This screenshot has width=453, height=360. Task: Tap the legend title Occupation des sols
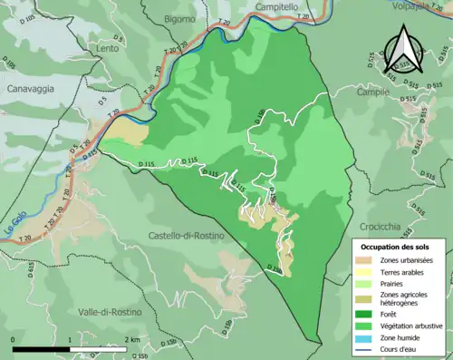point(398,247)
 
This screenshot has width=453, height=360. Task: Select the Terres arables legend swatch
point(365,271)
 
